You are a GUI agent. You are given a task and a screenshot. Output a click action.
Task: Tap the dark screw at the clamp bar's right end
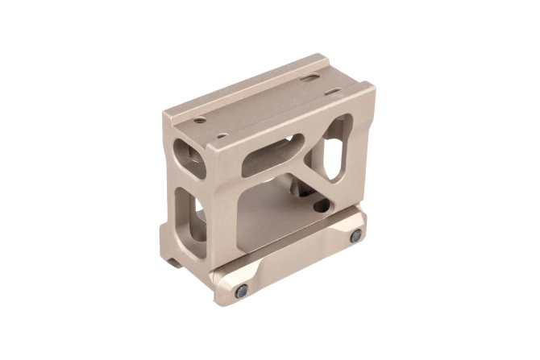(355, 234)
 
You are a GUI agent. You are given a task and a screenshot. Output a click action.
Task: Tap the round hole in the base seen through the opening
(322, 206)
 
